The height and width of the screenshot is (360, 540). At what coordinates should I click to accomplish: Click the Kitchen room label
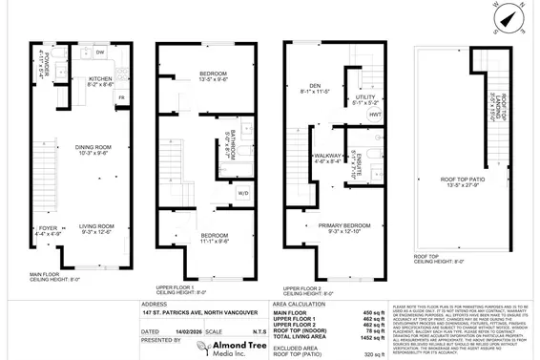[x=101, y=79]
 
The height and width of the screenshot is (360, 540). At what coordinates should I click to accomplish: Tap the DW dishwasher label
[x=98, y=52]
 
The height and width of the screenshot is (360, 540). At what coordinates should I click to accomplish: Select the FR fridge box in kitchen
[x=121, y=97]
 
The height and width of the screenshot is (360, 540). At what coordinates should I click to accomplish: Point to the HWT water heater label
[x=374, y=116]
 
